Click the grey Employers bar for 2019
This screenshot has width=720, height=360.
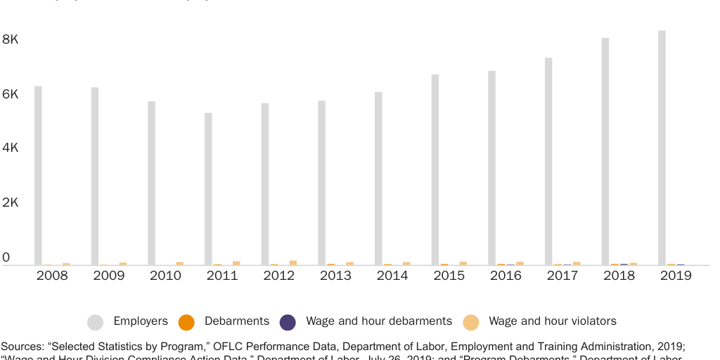pyautogui.click(x=662, y=148)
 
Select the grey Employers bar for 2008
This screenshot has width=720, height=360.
pyautogui.click(x=38, y=175)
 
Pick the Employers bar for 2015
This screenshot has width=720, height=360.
pyautogui.click(x=435, y=169)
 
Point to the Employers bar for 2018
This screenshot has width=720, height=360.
pyautogui.click(x=605, y=151)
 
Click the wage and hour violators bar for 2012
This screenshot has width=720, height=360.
pyautogui.click(x=293, y=262)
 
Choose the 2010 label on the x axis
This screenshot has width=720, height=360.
pyautogui.click(x=165, y=276)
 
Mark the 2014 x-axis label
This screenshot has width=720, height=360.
pyautogui.click(x=392, y=276)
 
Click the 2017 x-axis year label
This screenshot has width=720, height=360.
pyautogui.click(x=562, y=276)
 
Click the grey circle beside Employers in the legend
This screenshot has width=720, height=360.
pyautogui.click(x=95, y=322)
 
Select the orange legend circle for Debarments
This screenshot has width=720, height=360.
pyautogui.click(x=186, y=322)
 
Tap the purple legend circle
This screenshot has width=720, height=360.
pyautogui.click(x=288, y=322)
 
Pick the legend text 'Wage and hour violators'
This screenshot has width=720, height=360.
pyautogui.click(x=552, y=321)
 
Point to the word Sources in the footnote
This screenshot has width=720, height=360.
pyautogui.click(x=22, y=346)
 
